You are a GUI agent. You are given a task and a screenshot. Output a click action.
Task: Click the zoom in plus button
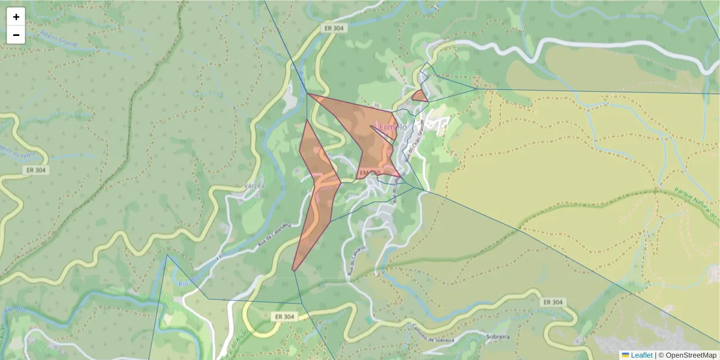point(16,17)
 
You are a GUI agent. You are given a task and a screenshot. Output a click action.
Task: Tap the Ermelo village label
point(393,127)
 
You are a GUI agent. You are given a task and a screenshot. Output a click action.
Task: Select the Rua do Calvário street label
point(355,261)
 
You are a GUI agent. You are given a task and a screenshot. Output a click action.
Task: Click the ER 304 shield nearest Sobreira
point(553,302)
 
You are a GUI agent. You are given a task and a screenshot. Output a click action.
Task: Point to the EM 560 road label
point(370,173)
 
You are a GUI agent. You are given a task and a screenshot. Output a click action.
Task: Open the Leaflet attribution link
point(641,355)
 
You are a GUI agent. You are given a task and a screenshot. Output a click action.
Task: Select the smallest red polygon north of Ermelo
point(419,95)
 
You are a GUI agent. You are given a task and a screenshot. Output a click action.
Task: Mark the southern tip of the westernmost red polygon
point(293,270)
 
